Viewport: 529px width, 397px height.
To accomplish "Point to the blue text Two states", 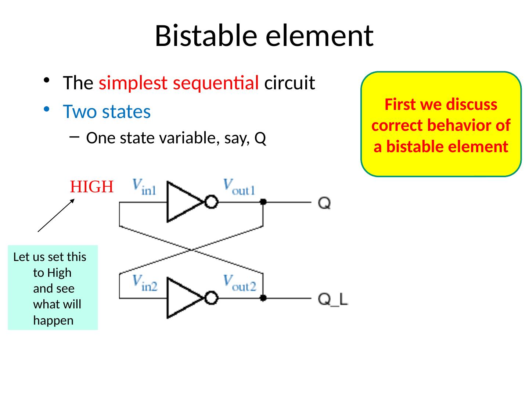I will coord(107,111).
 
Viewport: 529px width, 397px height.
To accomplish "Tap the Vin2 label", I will coord(145,283).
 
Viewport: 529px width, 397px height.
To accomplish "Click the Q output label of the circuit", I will coord(324,203).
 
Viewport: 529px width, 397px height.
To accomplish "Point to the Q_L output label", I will coord(333,299).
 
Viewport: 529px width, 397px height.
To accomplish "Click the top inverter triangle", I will coord(183,201).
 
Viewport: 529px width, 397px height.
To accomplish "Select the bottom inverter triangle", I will coord(183,298).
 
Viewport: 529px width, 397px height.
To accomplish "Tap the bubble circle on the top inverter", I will coord(211,202).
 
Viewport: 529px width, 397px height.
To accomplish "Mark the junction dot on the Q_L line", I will coord(263,298).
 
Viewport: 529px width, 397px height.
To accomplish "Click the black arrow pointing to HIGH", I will coord(56,215).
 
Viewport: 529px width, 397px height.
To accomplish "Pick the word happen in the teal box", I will coord(53,321).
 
